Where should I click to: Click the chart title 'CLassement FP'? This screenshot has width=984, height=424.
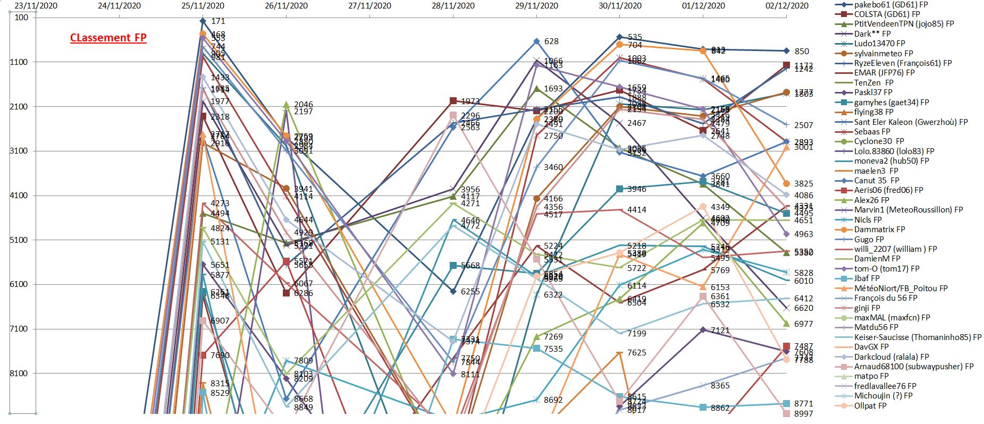108,38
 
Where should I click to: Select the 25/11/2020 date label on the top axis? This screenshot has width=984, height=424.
203,6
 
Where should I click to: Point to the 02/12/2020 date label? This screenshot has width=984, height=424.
787,6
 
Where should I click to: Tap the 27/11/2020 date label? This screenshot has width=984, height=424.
369,6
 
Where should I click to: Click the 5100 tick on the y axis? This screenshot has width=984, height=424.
19,240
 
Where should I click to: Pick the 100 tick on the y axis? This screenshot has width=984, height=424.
22,18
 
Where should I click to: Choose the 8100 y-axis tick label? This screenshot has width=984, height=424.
19,374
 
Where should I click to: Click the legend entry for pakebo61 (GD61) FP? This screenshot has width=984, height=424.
891,4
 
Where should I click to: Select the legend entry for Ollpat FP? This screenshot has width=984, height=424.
870,406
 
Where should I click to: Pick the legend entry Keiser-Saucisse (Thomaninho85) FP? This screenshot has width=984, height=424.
918,337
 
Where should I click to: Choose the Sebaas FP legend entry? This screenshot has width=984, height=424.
872,131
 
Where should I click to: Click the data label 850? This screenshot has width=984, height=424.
802,52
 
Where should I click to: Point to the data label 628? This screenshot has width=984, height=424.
551,41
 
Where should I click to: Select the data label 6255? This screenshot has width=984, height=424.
470,292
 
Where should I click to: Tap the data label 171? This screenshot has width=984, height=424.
218,21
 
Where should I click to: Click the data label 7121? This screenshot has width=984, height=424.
720,330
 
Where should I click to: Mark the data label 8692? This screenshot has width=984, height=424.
553,400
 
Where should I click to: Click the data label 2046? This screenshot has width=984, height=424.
304,105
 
